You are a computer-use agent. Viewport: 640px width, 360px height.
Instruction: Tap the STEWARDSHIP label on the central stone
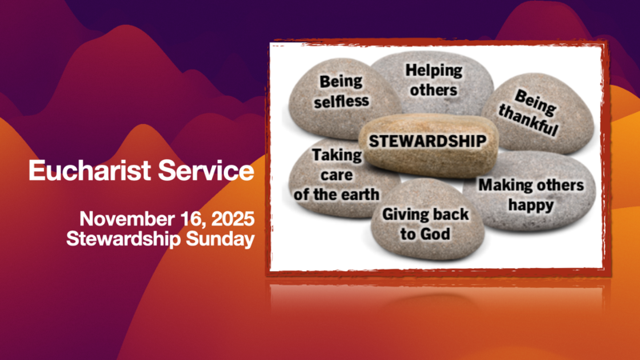tap(426, 141)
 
